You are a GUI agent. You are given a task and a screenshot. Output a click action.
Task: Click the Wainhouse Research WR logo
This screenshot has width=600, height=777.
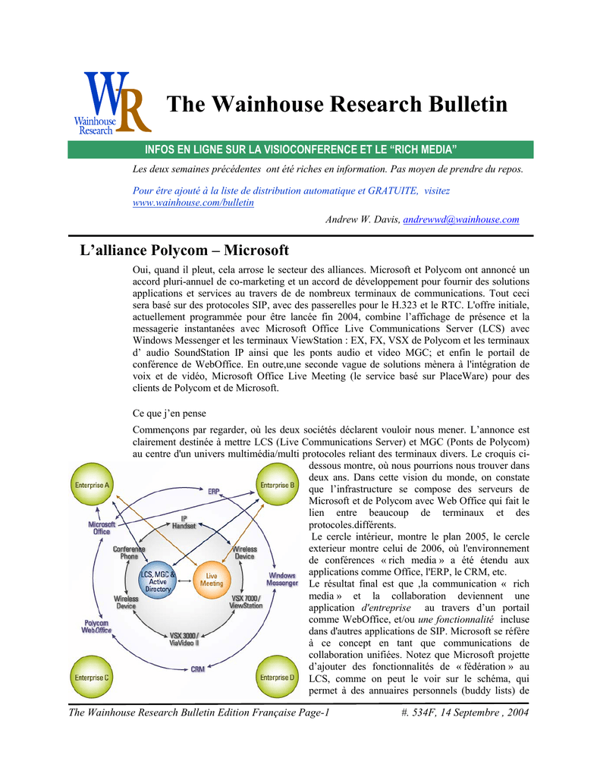(x=112, y=103)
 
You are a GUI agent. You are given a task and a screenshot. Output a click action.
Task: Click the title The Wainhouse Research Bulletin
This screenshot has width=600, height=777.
(x=337, y=104)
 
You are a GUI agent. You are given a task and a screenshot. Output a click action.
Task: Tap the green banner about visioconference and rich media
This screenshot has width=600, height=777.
(x=300, y=149)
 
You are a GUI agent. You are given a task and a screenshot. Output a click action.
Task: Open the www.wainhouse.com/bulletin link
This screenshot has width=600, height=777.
(x=193, y=203)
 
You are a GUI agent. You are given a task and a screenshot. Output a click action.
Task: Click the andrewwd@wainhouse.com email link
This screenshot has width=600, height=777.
(x=461, y=219)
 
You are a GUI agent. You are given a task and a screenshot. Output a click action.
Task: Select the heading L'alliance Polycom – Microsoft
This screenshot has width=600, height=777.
(x=184, y=250)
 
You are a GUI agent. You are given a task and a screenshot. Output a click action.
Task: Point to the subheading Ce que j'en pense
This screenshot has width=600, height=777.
(x=169, y=414)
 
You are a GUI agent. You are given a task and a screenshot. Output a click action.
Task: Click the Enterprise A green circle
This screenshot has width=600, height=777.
(x=92, y=484)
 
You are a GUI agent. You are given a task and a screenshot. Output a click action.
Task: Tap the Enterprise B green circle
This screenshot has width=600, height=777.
(x=278, y=484)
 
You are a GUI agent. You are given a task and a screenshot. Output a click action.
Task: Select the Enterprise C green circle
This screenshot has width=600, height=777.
(x=92, y=677)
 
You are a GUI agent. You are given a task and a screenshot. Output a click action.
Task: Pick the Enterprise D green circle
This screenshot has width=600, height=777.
(x=278, y=677)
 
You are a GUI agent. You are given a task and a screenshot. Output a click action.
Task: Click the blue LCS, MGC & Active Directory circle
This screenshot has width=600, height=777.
(x=158, y=581)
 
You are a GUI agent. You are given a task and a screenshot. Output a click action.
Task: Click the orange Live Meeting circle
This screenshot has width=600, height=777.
(x=212, y=579)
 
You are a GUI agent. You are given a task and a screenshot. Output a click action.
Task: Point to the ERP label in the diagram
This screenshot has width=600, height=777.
(x=214, y=491)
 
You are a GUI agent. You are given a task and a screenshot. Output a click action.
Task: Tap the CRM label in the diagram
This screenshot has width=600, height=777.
(x=198, y=669)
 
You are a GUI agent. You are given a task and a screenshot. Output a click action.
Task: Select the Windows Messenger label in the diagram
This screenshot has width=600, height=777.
(x=282, y=579)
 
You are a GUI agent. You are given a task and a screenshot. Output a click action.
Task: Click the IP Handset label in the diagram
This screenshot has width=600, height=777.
(x=184, y=522)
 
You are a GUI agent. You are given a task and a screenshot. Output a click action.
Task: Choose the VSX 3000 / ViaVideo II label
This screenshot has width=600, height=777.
(x=184, y=639)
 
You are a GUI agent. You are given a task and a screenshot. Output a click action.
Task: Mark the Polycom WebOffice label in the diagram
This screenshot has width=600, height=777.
(x=96, y=626)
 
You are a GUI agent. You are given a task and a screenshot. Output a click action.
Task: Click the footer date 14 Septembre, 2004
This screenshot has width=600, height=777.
(x=485, y=713)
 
